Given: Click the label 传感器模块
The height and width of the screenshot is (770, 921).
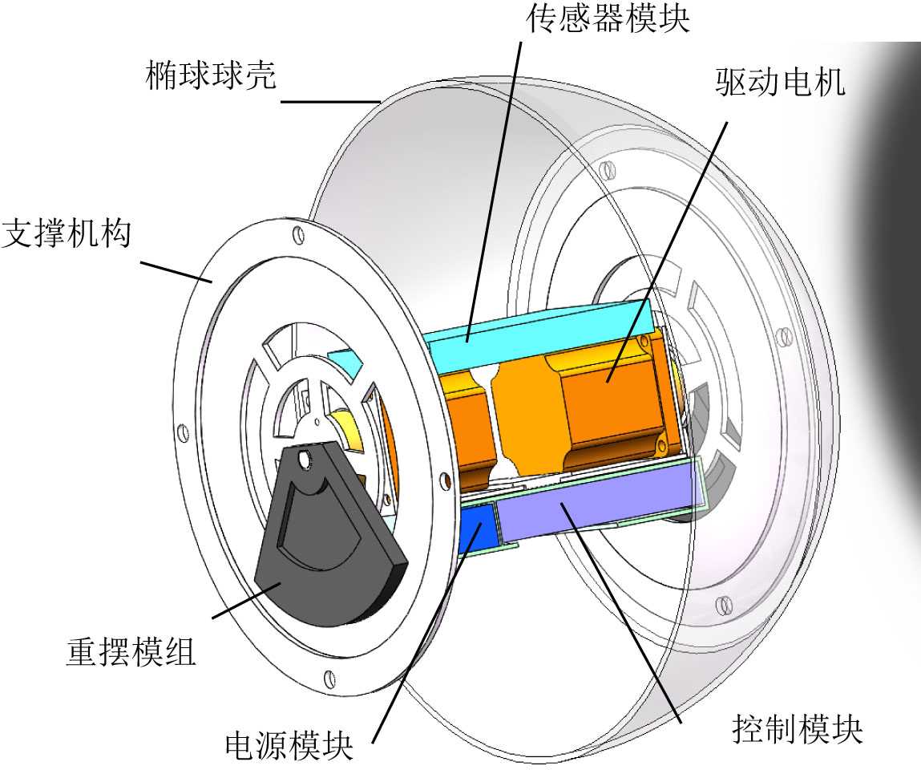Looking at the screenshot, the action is coord(608,18).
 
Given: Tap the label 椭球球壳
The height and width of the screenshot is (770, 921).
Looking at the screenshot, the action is coord(211,76).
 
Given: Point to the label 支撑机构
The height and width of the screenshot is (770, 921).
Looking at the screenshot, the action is coord(67,235).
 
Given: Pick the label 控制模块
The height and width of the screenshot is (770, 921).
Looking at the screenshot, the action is coord(798,729).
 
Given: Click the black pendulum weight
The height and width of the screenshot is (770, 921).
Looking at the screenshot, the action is coord(321,545).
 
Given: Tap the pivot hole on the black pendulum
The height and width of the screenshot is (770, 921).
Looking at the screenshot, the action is coord(303,459).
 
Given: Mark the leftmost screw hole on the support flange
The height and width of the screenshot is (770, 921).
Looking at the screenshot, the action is coord(183,434).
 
